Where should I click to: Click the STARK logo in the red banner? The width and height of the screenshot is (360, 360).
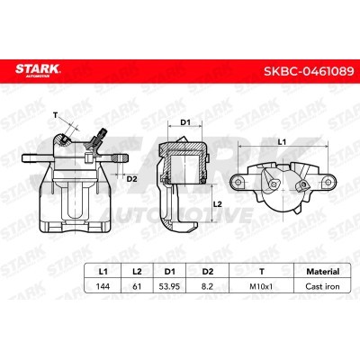38,70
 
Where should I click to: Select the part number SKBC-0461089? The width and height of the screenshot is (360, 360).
309,71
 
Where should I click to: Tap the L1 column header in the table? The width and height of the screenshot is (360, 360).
103,272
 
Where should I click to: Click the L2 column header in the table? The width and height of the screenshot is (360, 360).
137,272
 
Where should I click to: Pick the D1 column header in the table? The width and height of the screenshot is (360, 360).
170,272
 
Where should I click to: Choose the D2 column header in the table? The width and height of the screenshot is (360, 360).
208,272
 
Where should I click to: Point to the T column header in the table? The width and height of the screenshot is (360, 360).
262,272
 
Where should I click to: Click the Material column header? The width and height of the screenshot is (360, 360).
323,272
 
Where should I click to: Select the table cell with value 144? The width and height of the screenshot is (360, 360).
103,286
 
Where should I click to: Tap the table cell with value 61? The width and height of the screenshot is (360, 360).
137,286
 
